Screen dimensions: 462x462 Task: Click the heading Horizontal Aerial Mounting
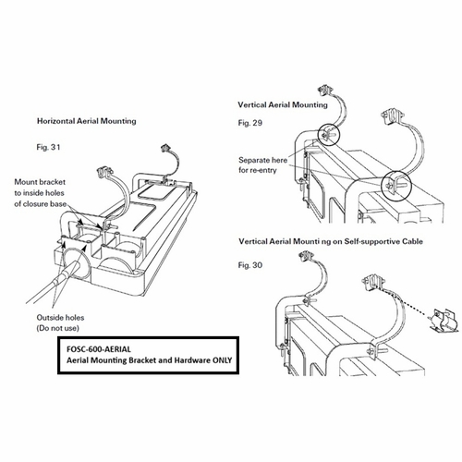point(87,121)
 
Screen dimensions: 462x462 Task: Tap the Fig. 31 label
point(48,147)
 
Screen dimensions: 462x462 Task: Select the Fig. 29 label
point(249,123)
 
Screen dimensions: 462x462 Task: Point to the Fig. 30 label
point(249,265)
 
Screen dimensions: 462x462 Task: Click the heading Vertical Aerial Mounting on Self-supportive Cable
point(331,241)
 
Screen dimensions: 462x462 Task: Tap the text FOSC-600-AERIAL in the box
point(99,349)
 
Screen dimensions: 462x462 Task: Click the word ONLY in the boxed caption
point(222,360)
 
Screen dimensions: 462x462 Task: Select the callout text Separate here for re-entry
point(262,165)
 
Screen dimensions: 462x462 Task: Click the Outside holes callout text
point(60,318)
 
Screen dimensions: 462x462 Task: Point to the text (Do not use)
point(58,328)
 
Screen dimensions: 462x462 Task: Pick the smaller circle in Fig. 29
point(329,134)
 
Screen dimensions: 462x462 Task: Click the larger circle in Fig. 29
point(395,186)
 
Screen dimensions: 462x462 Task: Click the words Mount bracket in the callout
point(40,182)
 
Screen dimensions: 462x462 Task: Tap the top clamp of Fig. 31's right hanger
point(167,150)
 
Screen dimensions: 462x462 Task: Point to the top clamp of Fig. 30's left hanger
point(307,256)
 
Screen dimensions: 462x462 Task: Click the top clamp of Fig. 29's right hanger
point(392,116)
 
